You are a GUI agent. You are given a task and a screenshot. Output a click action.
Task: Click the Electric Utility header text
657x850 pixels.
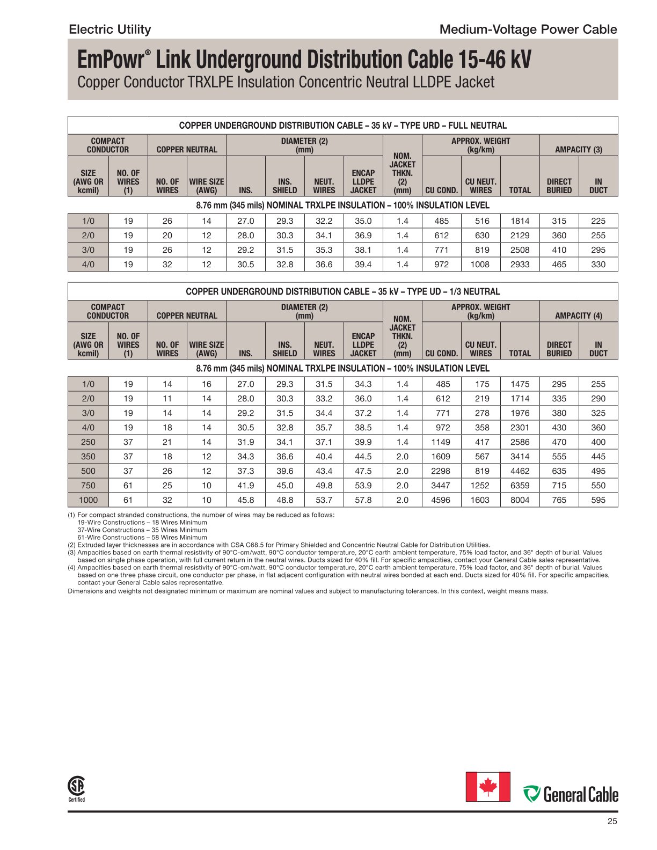pyautogui.click(x=109, y=30)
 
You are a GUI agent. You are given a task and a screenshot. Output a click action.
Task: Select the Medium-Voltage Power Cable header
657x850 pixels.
pyautogui.click(x=528, y=30)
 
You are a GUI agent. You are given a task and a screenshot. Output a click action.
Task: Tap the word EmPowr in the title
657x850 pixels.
pyautogui.click(x=111, y=60)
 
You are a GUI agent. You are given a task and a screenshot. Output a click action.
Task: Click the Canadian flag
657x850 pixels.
pyautogui.click(x=487, y=787)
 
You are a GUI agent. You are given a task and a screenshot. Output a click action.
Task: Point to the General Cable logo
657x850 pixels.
pyautogui.click(x=571, y=794)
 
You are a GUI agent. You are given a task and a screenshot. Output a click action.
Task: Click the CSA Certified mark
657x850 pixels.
pyautogui.click(x=76, y=789)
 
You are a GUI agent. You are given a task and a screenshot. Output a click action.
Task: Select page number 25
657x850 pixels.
pyautogui.click(x=612, y=821)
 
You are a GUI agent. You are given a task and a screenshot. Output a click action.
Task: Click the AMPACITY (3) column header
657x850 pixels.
pyautogui.click(x=578, y=150)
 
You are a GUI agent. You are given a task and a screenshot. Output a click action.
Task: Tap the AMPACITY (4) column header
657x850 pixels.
pyautogui.click(x=578, y=316)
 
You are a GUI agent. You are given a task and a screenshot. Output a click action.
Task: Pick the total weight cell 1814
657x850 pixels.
pyautogui.click(x=520, y=221)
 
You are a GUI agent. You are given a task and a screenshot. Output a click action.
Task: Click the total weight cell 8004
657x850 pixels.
pyautogui.click(x=520, y=500)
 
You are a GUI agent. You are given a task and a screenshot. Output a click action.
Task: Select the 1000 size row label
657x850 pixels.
pyautogui.click(x=88, y=500)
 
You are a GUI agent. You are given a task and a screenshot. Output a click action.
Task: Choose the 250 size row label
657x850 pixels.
pyautogui.click(x=88, y=442)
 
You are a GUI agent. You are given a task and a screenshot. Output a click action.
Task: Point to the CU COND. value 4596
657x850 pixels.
pyautogui.click(x=441, y=500)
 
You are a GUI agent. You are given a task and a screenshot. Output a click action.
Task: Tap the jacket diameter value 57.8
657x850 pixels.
pyautogui.click(x=363, y=500)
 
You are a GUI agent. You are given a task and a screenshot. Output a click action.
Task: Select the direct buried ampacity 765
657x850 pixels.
pyautogui.click(x=559, y=500)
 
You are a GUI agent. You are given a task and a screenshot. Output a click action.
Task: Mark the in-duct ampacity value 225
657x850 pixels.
pyautogui.click(x=598, y=221)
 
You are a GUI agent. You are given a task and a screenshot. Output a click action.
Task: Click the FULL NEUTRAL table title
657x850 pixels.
pyautogui.click(x=342, y=126)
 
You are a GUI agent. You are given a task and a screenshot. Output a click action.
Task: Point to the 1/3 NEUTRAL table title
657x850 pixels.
pyautogui.click(x=342, y=292)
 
